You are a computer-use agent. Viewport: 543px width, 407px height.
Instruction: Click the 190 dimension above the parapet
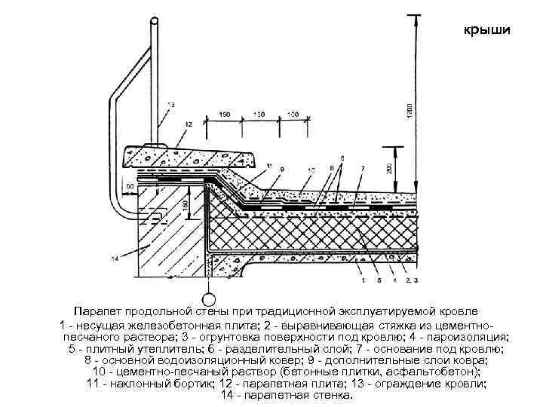225,115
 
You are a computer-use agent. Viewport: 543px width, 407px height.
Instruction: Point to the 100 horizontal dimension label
292,115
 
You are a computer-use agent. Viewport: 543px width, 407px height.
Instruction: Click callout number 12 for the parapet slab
166,123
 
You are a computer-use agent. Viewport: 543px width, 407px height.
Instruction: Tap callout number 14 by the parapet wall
115,260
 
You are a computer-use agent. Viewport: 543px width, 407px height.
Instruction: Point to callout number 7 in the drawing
364,167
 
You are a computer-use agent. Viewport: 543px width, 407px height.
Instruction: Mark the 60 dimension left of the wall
130,185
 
